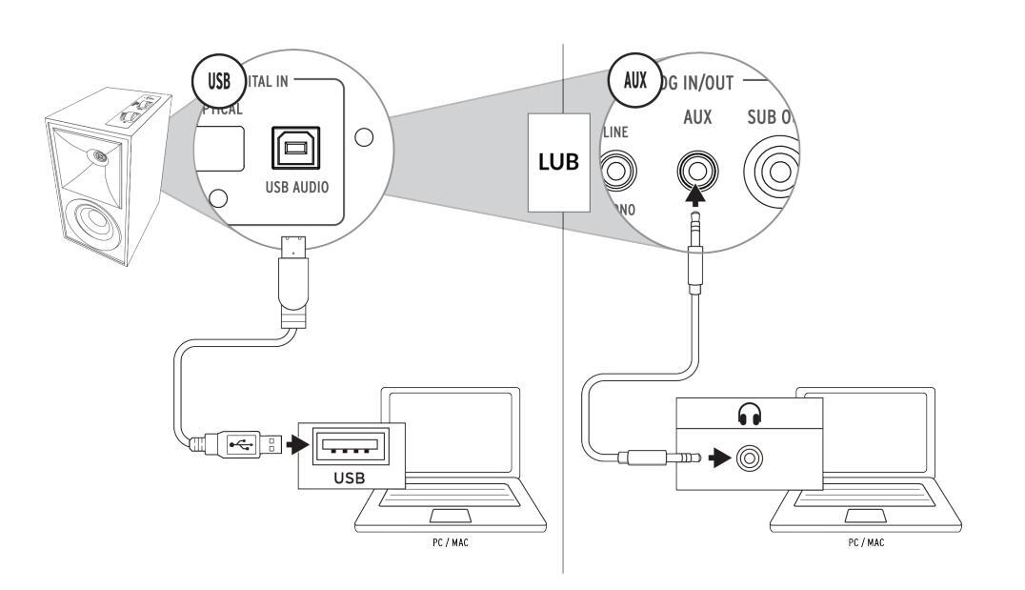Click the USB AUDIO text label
click(297, 186)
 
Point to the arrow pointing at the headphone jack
click(721, 458)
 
